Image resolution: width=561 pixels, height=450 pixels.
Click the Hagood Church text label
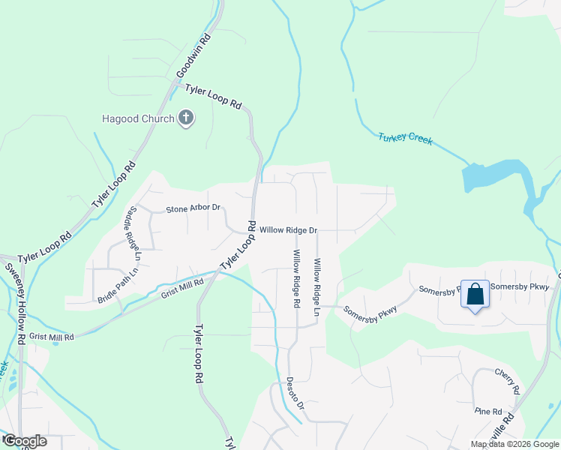click(139, 118)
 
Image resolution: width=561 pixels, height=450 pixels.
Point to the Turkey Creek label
click(406, 139)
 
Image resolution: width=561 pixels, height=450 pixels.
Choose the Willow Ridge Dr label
click(289, 229)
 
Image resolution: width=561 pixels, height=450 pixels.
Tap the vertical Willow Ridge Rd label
click(296, 279)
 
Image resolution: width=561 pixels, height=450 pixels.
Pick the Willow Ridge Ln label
click(317, 286)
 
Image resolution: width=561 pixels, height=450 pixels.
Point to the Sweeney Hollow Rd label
click(16, 304)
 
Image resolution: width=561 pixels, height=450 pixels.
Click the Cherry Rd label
click(507, 381)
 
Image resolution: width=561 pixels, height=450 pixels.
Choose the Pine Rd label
click(487, 411)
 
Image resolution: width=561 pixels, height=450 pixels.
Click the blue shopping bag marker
click(475, 294)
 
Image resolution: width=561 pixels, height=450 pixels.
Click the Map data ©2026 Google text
click(514, 444)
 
